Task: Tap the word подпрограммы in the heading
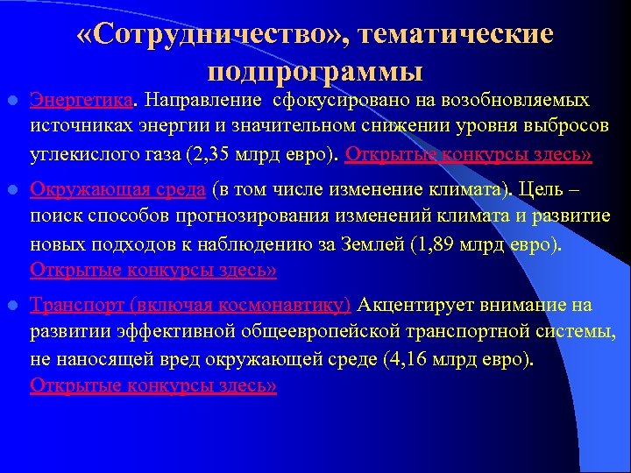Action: pyautogui.click(x=315, y=69)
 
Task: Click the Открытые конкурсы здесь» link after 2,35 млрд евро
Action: pyautogui.click(x=469, y=155)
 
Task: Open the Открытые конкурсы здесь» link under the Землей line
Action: pyautogui.click(x=153, y=271)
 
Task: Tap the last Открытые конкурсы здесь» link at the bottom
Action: pyautogui.click(x=153, y=386)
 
